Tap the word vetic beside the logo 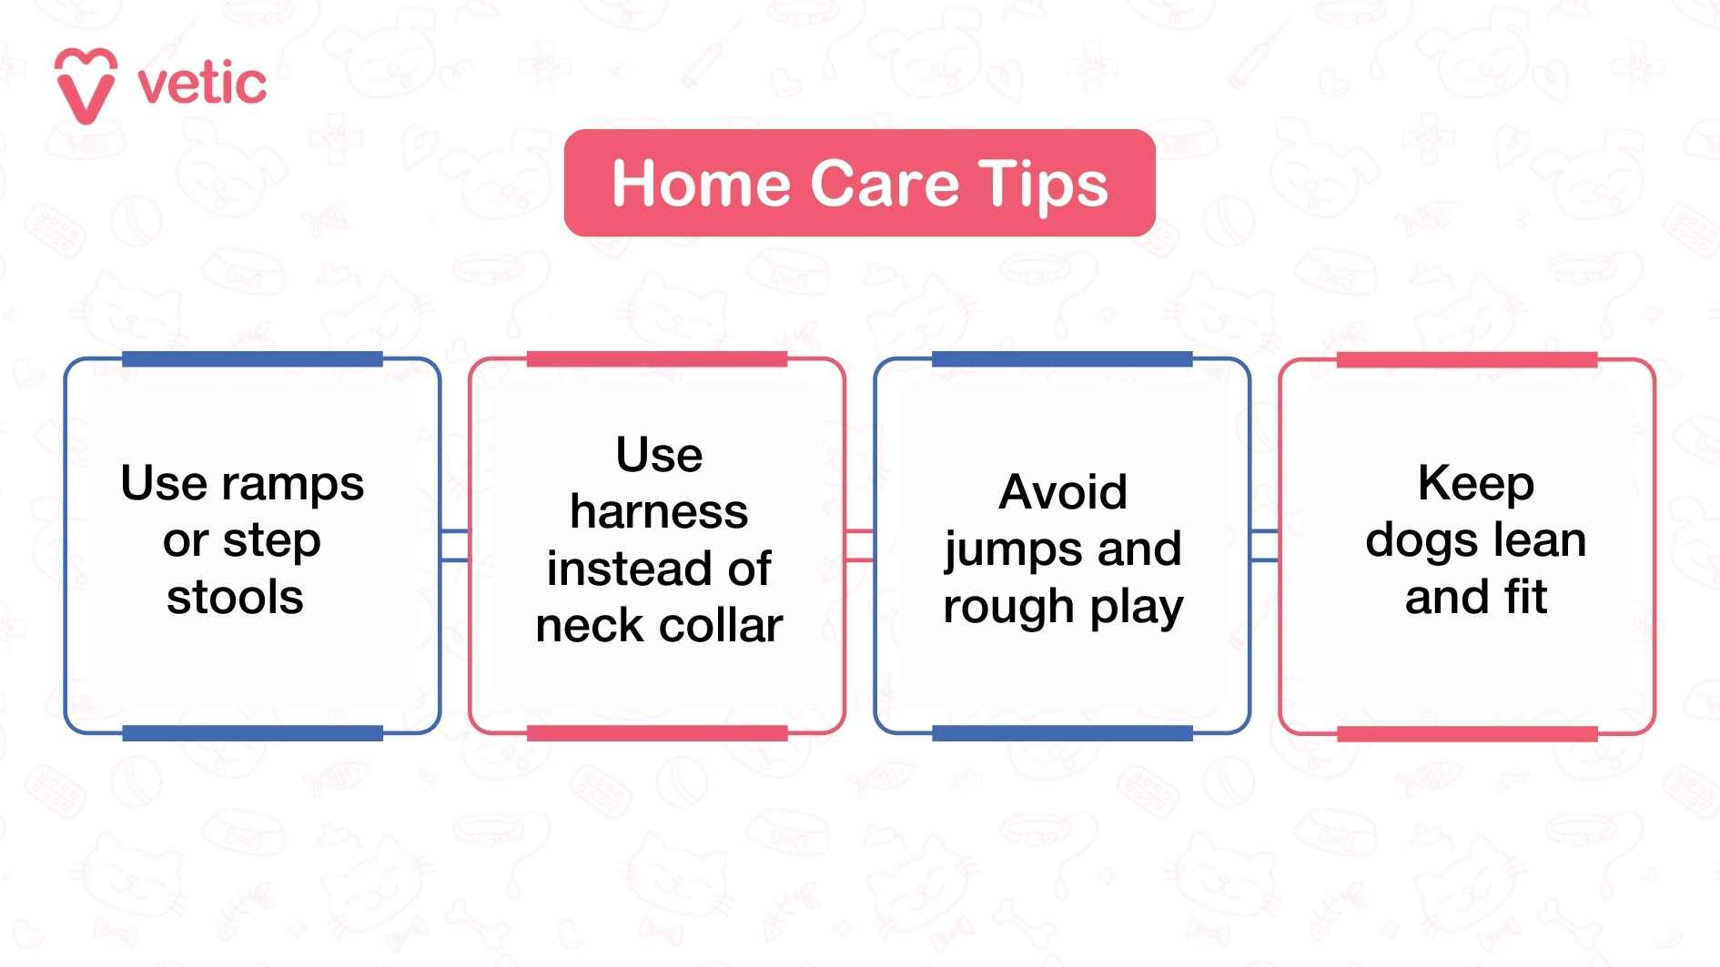(202, 85)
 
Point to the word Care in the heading (885, 184)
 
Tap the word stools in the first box (235, 598)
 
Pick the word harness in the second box (659, 512)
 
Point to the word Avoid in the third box (1063, 492)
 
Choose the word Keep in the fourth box (1475, 484)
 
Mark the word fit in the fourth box (1525, 598)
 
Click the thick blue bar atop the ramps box (252, 359)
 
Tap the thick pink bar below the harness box (657, 733)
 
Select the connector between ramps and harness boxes (455, 545)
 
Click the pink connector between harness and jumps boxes (859, 545)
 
